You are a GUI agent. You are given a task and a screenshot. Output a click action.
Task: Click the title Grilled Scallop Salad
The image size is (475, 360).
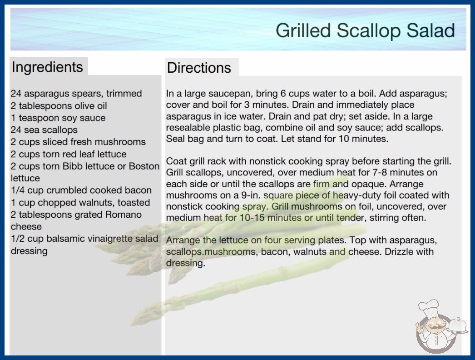tap(366, 30)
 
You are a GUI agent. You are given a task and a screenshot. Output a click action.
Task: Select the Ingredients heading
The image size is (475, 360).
tap(47, 67)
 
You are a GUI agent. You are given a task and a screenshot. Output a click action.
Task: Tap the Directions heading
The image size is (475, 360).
tap(199, 68)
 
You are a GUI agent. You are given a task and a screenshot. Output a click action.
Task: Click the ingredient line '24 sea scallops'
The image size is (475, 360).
tap(44, 130)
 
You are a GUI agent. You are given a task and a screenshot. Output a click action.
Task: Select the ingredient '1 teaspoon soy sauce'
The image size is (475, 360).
tap(58, 118)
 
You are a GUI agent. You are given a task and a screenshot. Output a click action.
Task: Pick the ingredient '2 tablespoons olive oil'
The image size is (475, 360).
tap(59, 106)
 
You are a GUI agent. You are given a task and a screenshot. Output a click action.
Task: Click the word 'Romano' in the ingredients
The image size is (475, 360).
tap(124, 215)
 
